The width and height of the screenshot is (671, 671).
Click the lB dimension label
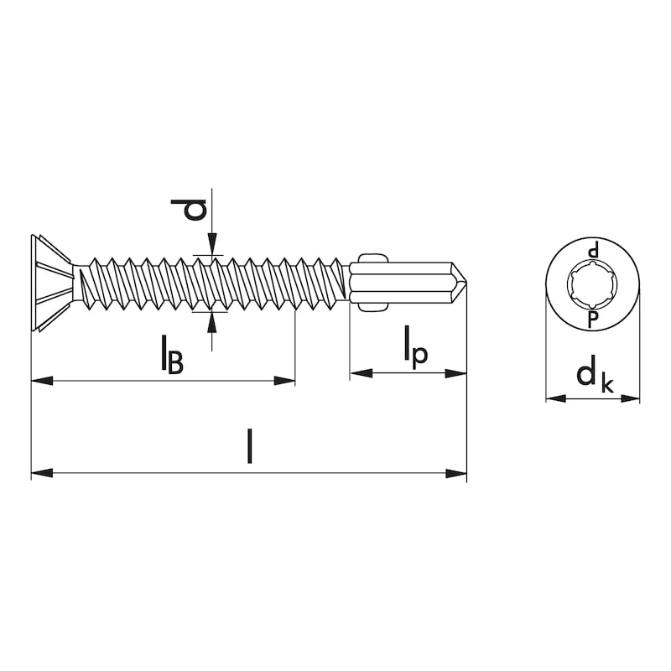coord(172,355)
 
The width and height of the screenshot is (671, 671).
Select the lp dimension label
coord(415,347)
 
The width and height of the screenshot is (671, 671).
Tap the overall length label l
coord(249,447)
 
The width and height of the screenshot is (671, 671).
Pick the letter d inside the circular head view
coord(593,251)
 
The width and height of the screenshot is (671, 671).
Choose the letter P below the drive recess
coord(593,320)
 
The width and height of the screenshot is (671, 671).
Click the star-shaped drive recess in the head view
coord(593,284)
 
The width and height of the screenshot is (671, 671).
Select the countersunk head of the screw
coord(51,283)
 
